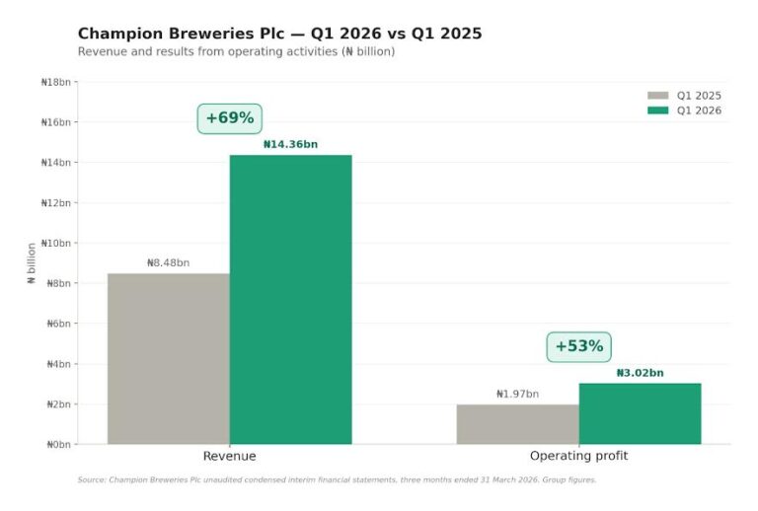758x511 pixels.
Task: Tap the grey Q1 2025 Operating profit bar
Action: tap(517, 424)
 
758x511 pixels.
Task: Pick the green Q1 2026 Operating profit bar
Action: tap(640, 413)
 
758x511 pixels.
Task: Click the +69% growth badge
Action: tap(229, 118)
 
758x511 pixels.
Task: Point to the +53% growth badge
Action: tap(578, 346)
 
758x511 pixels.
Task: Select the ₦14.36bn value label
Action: tap(290, 144)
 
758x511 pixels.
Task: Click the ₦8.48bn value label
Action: tap(168, 263)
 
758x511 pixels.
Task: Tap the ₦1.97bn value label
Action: tap(517, 394)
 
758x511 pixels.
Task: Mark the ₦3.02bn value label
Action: tap(640, 373)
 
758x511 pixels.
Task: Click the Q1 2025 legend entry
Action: tap(685, 96)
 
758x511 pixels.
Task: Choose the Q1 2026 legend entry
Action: tap(685, 110)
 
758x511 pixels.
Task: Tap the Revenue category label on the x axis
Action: tap(229, 456)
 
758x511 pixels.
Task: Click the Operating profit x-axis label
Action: tap(578, 456)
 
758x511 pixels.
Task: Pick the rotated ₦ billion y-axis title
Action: tap(32, 263)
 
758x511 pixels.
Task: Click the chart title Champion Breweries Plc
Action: tap(279, 34)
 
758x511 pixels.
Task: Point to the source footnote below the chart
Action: tap(337, 480)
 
